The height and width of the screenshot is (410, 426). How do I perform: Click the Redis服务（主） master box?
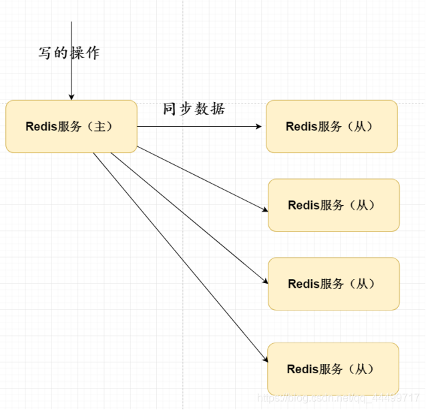tap(71, 126)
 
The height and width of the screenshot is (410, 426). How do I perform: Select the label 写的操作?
tap(69, 53)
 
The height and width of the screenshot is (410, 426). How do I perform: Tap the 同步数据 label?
tap(194, 110)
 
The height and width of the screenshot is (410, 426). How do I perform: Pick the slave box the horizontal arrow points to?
tap(331, 126)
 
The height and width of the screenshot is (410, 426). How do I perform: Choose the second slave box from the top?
tap(334, 205)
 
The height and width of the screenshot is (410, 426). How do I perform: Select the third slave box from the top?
tap(334, 284)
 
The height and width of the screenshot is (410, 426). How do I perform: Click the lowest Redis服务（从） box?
tap(333, 369)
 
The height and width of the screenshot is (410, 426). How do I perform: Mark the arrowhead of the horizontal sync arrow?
tap(258, 126)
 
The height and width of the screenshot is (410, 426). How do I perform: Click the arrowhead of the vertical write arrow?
tap(71, 97)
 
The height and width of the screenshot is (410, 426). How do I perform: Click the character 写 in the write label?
tap(45, 53)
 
